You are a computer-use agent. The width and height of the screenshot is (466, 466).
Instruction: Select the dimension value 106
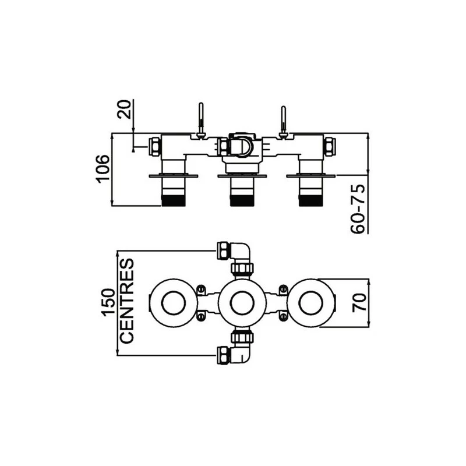(x=103, y=169)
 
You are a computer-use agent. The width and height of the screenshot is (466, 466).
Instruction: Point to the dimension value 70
(x=359, y=302)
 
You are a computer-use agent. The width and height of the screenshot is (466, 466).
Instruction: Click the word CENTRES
(x=127, y=301)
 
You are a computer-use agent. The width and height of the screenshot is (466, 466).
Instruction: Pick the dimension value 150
(x=108, y=302)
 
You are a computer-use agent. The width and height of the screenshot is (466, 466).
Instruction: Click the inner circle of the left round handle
(x=174, y=303)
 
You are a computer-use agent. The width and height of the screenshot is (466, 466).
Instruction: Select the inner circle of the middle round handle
(x=242, y=303)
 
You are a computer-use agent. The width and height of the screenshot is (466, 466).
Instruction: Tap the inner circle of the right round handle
(x=311, y=303)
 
